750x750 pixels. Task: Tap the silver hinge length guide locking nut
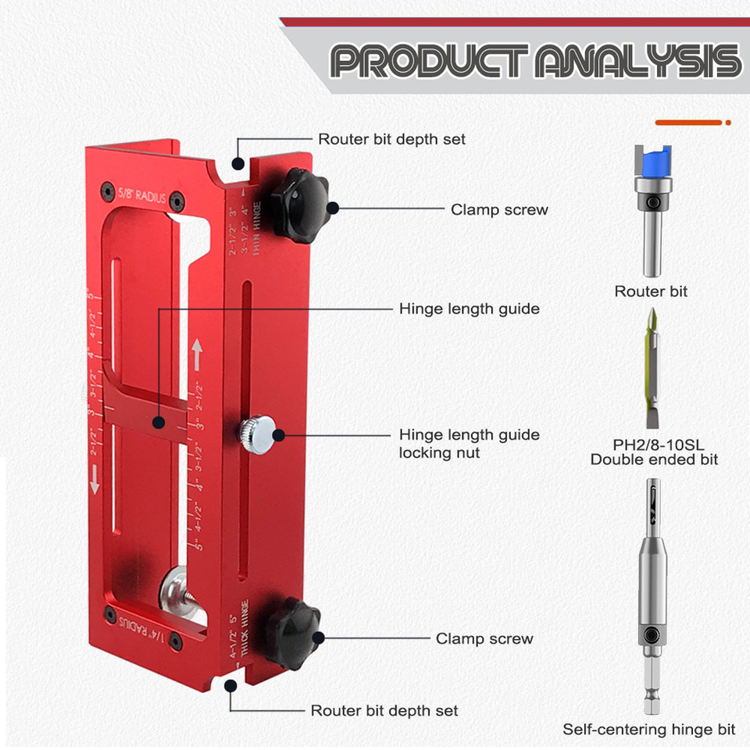(x=257, y=430)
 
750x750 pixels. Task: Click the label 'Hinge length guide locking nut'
(x=469, y=443)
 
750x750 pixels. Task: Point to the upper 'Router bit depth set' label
(x=391, y=139)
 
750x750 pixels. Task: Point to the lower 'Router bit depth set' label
(x=384, y=710)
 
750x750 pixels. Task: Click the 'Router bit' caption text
(x=651, y=291)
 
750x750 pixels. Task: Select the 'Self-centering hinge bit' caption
(x=648, y=730)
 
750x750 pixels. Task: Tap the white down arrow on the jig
(x=95, y=479)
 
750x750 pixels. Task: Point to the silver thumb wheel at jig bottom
(x=173, y=593)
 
